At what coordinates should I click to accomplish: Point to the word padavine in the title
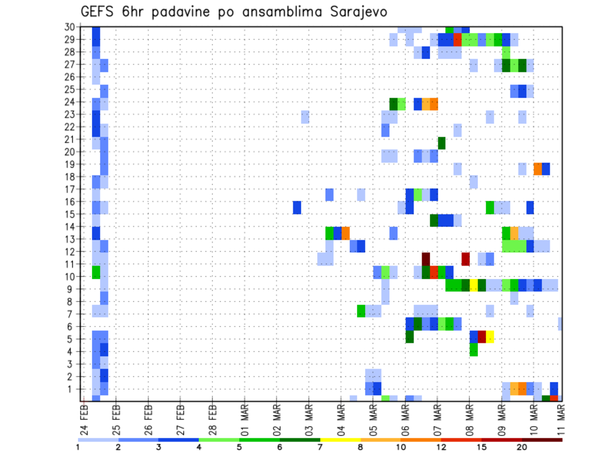(x=185, y=12)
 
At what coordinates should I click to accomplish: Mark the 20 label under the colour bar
(x=522, y=447)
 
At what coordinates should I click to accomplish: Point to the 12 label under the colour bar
(x=442, y=447)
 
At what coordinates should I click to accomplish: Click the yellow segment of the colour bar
(x=341, y=440)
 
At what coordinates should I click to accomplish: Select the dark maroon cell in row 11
(x=426, y=259)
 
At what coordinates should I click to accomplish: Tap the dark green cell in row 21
(x=442, y=143)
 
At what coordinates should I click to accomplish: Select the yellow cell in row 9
(x=474, y=285)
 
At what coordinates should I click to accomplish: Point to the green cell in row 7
(x=361, y=311)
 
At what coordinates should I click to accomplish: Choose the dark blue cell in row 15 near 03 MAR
(x=297, y=207)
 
